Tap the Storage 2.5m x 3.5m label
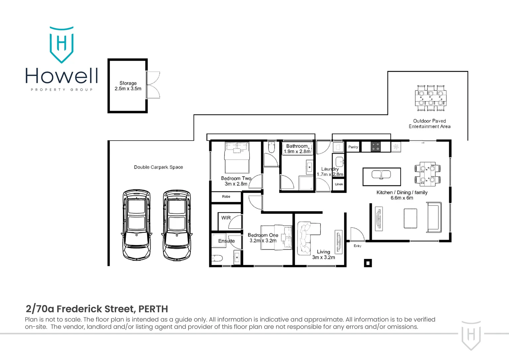pyautogui.click(x=128, y=86)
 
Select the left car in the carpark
pyautogui.click(x=137, y=225)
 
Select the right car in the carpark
pyautogui.click(x=177, y=225)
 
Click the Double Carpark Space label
pyautogui.click(x=158, y=167)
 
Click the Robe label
pyautogui.click(x=226, y=197)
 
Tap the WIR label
pyautogui.click(x=226, y=218)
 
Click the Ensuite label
pyautogui.click(x=227, y=241)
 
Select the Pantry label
pyautogui.click(x=353, y=147)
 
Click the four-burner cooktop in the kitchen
pyautogui.click(x=375, y=147)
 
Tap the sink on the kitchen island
pyautogui.click(x=381, y=175)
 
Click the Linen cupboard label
pyautogui.click(x=339, y=184)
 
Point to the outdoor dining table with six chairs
pyautogui.click(x=431, y=98)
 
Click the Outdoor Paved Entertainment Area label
pyautogui.click(x=429, y=124)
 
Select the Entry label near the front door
pyautogui.click(x=357, y=246)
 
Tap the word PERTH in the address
pyautogui.click(x=153, y=309)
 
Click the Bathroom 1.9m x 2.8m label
pyautogui.click(x=297, y=149)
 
